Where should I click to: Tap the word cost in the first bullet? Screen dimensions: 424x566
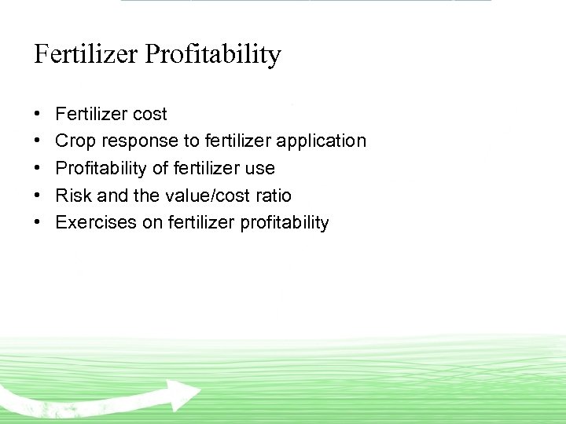click(149, 115)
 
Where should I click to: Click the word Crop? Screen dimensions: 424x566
click(74, 141)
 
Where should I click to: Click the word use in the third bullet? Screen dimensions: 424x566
click(259, 168)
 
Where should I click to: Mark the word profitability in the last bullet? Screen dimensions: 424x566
click(284, 222)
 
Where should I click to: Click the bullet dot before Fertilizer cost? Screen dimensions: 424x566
click(39, 115)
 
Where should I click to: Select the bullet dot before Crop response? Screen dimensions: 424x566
click(39, 141)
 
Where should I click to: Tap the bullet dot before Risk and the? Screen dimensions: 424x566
click(39, 196)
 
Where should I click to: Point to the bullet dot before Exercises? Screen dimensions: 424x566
click(39, 222)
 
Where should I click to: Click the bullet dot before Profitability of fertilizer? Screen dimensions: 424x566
click(39, 168)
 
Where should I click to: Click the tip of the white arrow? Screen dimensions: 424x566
click(200, 391)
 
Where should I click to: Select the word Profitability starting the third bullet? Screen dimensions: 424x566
click(99, 168)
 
